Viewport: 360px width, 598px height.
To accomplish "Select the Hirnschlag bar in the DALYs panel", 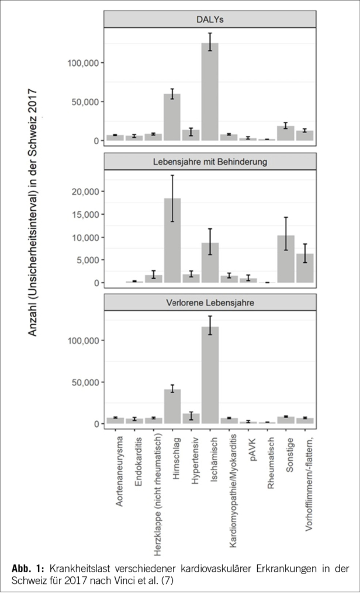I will (x=172, y=117).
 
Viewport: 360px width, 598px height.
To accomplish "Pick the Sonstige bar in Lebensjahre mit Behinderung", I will (x=286, y=259).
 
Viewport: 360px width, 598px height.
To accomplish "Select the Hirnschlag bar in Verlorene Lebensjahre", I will (x=172, y=406).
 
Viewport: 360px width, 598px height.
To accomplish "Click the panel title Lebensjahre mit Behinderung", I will (x=210, y=161).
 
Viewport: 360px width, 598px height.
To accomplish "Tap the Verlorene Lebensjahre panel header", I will (x=210, y=302).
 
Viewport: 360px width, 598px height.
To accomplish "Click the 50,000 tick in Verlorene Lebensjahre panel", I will (x=84, y=383).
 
